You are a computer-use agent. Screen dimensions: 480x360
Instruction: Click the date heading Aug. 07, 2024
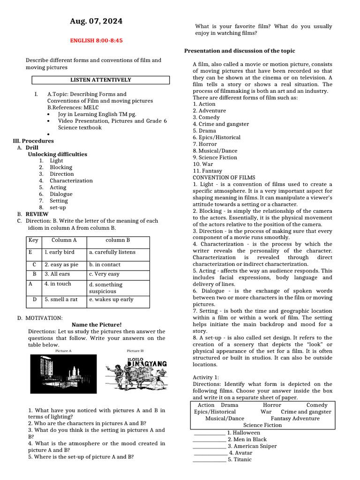(96, 21)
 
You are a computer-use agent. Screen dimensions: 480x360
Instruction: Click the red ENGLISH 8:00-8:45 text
(96, 41)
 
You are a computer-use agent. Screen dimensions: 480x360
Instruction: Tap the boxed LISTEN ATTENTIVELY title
(101, 80)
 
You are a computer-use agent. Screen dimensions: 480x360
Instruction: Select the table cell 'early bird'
(60, 252)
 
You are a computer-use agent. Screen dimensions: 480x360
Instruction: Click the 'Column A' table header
(64, 240)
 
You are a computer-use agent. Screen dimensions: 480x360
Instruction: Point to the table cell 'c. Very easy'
(104, 274)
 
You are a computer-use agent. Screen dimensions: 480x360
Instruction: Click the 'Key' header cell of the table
(33, 240)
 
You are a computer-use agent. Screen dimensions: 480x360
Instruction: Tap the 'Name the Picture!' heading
(97, 324)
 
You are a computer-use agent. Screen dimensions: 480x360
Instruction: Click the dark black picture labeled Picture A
(63, 374)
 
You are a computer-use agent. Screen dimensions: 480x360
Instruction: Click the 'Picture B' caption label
(135, 351)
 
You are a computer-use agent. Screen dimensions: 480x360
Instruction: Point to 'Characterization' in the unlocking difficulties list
(71, 180)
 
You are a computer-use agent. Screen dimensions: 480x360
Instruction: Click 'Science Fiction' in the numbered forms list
(217, 157)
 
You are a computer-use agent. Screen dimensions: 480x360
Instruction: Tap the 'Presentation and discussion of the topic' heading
(240, 51)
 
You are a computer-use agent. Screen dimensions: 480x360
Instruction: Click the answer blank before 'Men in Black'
(209, 440)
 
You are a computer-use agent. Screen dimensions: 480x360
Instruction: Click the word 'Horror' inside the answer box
(272, 405)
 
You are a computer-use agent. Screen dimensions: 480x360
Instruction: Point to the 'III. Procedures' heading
(33, 141)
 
